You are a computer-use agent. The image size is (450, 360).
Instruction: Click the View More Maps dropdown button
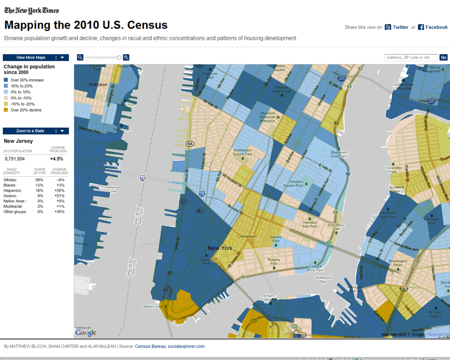point(36,58)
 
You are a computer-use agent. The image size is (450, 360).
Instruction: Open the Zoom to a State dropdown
point(36,131)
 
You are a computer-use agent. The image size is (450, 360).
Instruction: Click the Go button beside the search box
point(443,58)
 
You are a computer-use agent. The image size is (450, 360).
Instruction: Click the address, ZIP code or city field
point(411,58)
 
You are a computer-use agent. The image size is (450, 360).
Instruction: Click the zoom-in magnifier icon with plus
point(126,58)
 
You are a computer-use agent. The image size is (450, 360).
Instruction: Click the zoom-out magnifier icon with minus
point(80,58)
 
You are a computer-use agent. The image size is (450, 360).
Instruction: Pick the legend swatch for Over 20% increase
point(6,80)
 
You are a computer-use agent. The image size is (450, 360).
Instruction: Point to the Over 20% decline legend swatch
point(6,110)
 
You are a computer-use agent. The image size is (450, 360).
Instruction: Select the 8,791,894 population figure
point(15,159)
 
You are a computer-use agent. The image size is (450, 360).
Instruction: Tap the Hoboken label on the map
point(98,85)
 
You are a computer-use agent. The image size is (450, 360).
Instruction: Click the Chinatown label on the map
point(247,236)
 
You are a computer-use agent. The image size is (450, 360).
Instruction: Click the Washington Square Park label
point(243,152)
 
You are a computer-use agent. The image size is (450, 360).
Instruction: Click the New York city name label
point(220,248)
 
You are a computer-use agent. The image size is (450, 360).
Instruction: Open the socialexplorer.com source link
point(186,346)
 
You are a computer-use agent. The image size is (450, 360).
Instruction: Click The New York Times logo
point(31,10)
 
